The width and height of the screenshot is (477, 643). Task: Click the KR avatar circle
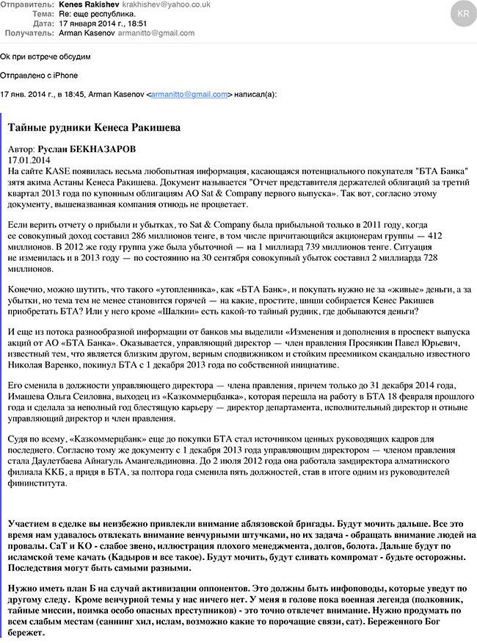tap(462, 15)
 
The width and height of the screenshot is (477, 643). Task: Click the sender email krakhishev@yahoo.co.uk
tap(156, 4)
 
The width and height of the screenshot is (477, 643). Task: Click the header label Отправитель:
tap(28, 4)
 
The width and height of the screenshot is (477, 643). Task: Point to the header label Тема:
tap(43, 14)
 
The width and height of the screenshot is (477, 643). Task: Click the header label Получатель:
tap(29, 33)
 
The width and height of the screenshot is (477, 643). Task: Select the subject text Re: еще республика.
tap(95, 14)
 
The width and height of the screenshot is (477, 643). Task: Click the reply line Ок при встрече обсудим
tap(45, 57)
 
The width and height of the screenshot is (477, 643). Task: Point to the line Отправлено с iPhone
tap(39, 75)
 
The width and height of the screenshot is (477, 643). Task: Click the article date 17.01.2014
tap(29, 159)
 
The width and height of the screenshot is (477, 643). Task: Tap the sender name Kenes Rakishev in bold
tap(88, 4)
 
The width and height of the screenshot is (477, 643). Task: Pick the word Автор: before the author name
tap(21, 148)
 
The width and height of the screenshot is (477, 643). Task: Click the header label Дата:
tap(43, 24)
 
